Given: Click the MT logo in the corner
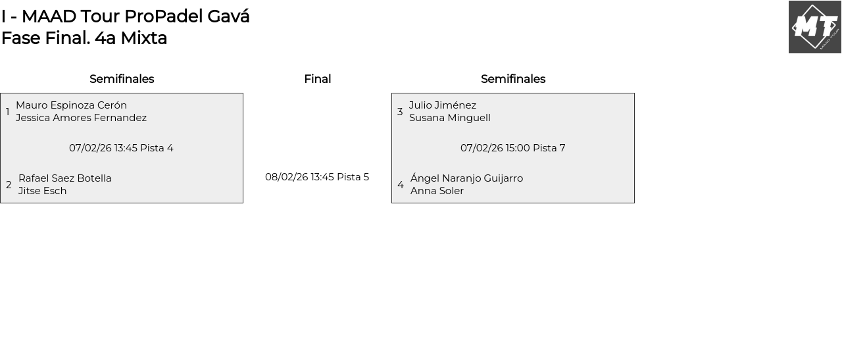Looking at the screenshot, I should [x=814, y=27].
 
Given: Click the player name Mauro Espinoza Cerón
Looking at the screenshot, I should [x=71, y=105].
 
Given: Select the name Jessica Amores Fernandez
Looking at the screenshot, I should [x=81, y=118].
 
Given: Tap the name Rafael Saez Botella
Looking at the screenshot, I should [x=64, y=178].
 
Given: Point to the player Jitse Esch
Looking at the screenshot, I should [x=42, y=191].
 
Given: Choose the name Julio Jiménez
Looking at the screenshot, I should [x=442, y=105].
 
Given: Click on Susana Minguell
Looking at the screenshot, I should [x=449, y=118].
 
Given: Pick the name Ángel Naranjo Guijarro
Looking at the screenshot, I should [x=466, y=178].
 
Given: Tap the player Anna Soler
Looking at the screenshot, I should [x=437, y=191].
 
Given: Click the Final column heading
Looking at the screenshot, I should [x=317, y=79].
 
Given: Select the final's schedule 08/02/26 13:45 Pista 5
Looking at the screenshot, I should [x=317, y=177].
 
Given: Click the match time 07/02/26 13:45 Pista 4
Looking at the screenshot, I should [x=121, y=148].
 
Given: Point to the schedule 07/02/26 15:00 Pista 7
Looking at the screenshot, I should [x=512, y=148].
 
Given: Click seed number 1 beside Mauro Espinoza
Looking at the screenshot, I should [x=8, y=112].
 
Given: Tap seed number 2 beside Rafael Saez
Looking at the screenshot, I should [x=9, y=185].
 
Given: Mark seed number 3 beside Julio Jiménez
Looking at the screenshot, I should [x=400, y=112].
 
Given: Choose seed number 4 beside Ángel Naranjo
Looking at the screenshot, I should [x=401, y=185].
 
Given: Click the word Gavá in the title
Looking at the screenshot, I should [x=228, y=16].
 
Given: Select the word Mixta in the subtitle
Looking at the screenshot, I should [x=143, y=38].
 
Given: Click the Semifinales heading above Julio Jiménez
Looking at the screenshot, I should [x=512, y=79].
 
